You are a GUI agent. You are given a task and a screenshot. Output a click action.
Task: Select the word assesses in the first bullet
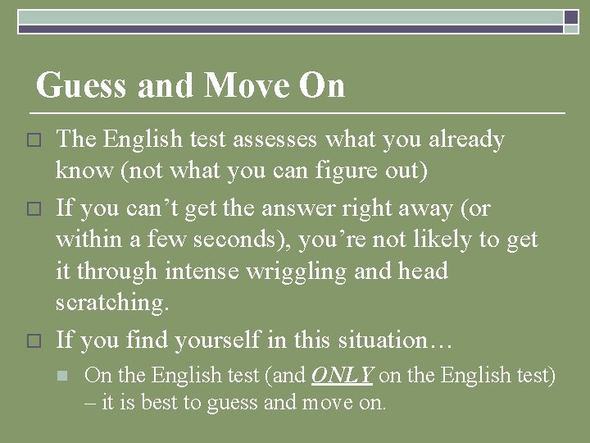[275, 140]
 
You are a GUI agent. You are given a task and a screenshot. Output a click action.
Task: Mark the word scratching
[111, 303]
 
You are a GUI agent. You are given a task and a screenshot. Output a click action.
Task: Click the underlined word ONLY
[342, 376]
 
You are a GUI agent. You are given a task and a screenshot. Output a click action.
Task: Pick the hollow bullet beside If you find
[33, 340]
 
